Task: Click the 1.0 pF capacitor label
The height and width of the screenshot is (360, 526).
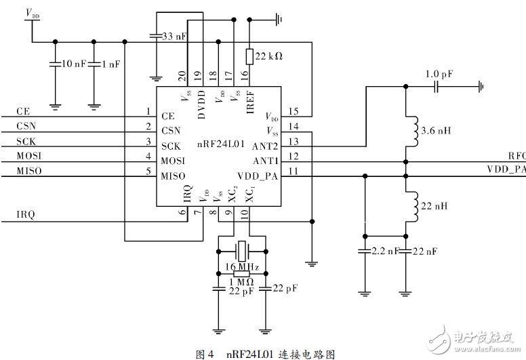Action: (x=439, y=74)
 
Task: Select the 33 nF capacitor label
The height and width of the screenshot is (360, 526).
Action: (x=175, y=36)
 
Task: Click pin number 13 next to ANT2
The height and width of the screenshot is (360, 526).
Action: (x=293, y=141)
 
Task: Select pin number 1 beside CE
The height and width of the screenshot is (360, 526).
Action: (x=147, y=111)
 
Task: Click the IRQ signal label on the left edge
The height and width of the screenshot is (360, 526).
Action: (x=26, y=215)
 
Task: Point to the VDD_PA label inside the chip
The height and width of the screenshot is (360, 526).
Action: (x=258, y=176)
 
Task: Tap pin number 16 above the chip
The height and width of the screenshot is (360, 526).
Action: (x=246, y=75)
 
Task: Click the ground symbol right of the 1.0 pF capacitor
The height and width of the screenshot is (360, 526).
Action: (x=480, y=86)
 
